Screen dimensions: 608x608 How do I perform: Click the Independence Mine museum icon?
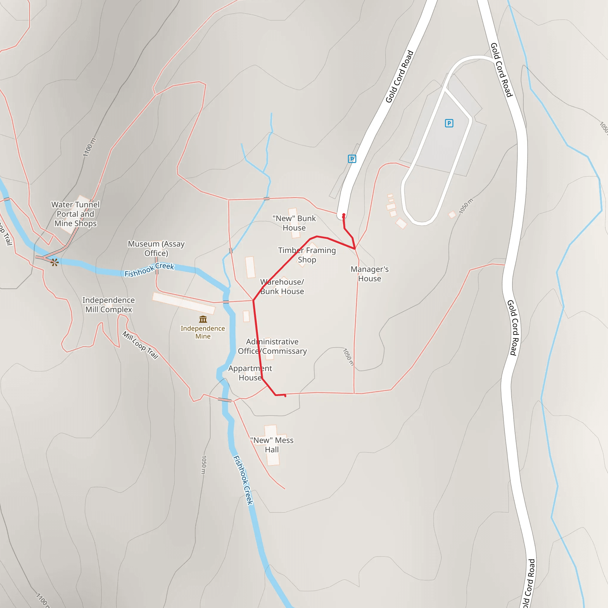(x=203, y=319)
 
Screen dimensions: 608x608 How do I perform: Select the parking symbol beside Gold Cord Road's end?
(x=352, y=159)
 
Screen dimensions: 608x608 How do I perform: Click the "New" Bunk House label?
(x=294, y=223)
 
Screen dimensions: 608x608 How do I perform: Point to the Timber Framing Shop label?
(x=307, y=255)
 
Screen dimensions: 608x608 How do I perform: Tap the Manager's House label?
(x=369, y=274)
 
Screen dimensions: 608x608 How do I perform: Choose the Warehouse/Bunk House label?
(x=282, y=286)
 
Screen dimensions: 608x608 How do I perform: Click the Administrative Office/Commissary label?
(x=272, y=346)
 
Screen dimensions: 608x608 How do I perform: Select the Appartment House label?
(x=250, y=373)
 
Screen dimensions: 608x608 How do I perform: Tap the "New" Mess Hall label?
(x=272, y=445)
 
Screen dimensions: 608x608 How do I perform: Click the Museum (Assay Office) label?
(x=156, y=248)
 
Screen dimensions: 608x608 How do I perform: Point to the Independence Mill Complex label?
(x=109, y=305)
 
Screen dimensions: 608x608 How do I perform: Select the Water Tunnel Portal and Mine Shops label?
(x=75, y=214)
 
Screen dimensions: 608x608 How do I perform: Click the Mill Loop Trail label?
(x=140, y=345)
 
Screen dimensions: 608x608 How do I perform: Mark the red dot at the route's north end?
(x=344, y=215)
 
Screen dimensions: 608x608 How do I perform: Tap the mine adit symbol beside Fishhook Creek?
(x=55, y=262)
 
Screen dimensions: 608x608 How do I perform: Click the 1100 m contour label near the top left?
(x=89, y=147)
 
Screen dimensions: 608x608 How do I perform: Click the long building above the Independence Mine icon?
(x=184, y=303)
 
